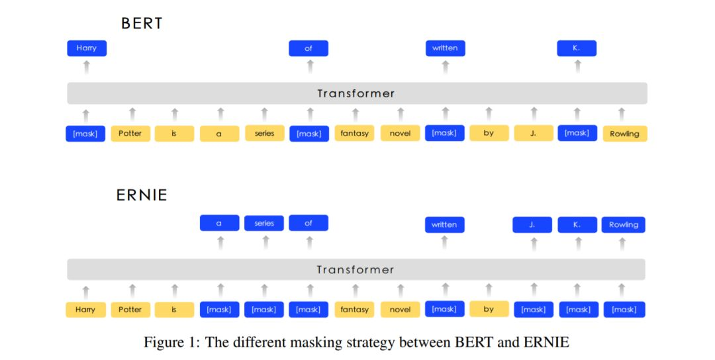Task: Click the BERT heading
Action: pos(142,23)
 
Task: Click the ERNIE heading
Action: pos(142,195)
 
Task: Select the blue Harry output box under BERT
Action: pos(87,48)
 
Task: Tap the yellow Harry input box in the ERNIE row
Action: pos(85,310)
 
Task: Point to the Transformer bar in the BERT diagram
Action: pos(357,93)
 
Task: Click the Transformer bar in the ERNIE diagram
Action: pos(356,269)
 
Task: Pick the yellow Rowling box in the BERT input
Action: pos(625,134)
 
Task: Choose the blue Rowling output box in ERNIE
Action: pos(624,224)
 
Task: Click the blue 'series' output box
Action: pos(264,223)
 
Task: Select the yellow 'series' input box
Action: pos(264,133)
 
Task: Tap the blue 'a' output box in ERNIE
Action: pos(219,223)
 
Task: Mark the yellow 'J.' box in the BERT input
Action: pos(534,133)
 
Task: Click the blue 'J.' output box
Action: pos(532,224)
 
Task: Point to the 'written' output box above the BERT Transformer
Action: pos(446,48)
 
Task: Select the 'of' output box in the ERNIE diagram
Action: pos(309,223)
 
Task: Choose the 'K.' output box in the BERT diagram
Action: pos(577,48)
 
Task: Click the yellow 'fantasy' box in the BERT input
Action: pos(354,133)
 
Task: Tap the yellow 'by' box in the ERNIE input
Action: pos(489,309)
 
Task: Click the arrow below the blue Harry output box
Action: pos(87,67)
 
